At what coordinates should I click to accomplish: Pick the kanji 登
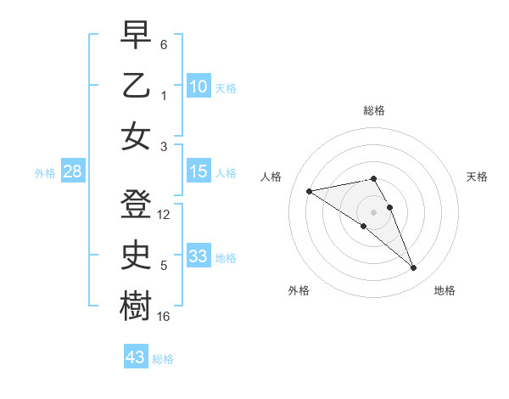coord(136,202)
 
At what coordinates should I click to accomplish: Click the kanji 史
coord(136,254)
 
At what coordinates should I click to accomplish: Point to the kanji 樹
coord(136,305)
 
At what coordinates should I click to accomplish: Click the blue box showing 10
coord(199,87)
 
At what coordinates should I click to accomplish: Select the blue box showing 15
coord(199,172)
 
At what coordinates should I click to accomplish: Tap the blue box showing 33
coord(199,256)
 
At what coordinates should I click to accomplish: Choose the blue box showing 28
coord(72,172)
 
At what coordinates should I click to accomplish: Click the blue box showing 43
coord(136,357)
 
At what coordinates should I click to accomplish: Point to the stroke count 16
coord(165,317)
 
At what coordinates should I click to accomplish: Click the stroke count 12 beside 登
coord(165,215)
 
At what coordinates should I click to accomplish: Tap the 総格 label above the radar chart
coord(374,110)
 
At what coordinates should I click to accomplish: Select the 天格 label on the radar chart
coord(478,177)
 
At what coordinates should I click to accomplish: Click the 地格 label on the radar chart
coord(445,290)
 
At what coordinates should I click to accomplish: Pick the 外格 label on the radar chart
coord(299,290)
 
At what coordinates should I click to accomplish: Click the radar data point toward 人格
coord(310,190)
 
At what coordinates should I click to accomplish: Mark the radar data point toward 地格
coord(414,268)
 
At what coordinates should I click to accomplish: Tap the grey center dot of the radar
coord(374,211)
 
